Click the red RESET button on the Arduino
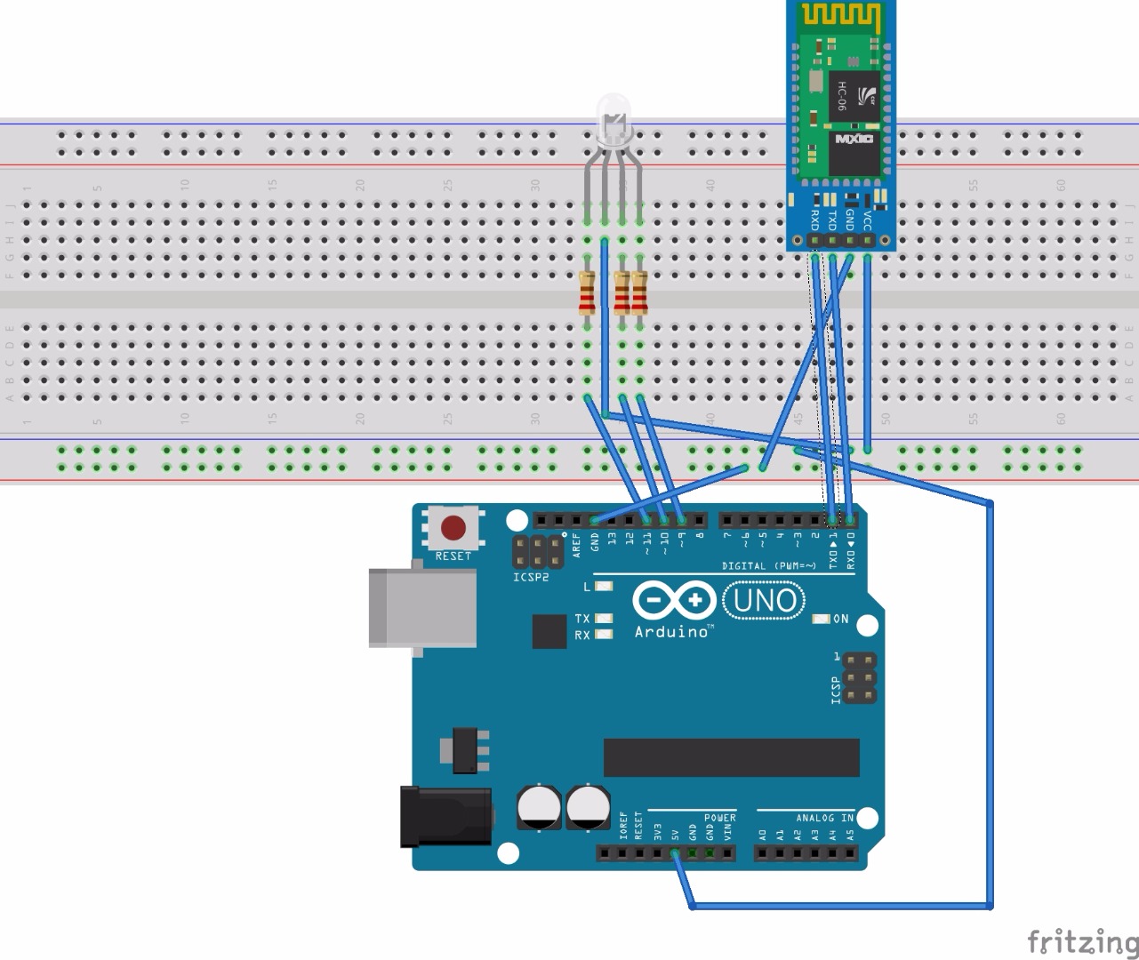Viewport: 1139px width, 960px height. click(x=453, y=528)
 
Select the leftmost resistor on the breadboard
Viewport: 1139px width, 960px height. click(x=586, y=293)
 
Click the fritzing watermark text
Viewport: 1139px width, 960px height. click(x=1081, y=940)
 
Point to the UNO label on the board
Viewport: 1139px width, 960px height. click(x=764, y=601)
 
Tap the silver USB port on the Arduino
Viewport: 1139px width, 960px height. click(x=421, y=607)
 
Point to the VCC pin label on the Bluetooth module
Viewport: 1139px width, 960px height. click(x=868, y=219)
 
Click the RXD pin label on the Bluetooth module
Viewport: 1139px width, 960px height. click(x=814, y=219)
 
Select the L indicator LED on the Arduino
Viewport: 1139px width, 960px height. click(x=604, y=587)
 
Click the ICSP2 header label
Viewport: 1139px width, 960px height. click(x=531, y=578)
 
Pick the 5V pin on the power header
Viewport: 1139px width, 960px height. click(x=675, y=853)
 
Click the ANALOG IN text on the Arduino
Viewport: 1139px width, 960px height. click(x=823, y=818)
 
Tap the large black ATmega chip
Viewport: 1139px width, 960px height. click(x=731, y=757)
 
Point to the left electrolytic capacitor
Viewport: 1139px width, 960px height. click(x=539, y=806)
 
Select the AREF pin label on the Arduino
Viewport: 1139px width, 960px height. click(x=576, y=544)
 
